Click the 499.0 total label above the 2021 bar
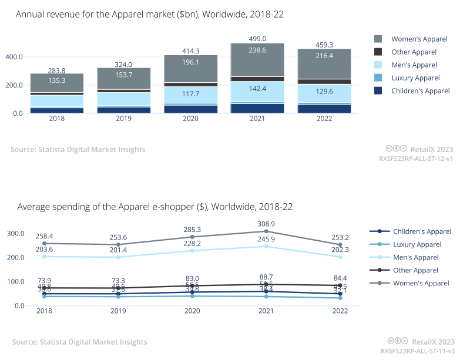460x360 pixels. [x=257, y=38]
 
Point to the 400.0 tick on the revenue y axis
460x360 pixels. [x=15, y=57]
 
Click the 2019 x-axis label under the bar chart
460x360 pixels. [x=125, y=119]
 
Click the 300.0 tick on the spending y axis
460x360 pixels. [x=15, y=233]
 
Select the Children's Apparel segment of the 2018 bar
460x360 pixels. [x=58, y=110]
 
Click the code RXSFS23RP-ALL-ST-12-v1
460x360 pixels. [x=416, y=159]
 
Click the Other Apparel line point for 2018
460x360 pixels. [x=43, y=288]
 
